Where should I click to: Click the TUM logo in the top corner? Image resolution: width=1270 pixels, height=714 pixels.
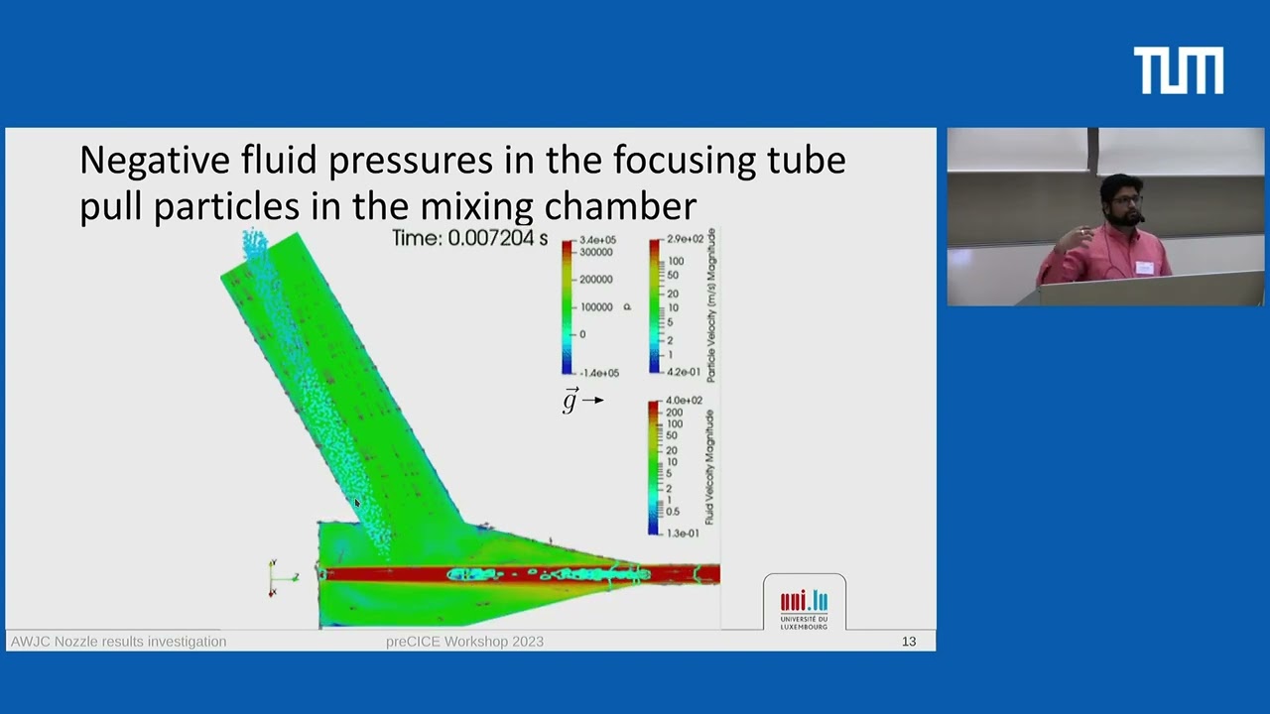1178,71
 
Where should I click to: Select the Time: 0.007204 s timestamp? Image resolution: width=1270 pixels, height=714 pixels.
469,238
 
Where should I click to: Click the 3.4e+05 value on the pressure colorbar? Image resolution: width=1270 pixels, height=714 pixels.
597,240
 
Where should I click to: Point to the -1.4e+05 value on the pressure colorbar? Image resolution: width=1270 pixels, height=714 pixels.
597,373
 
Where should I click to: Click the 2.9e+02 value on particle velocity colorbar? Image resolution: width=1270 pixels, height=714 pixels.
685,240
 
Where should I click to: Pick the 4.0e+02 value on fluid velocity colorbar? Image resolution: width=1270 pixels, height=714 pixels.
684,401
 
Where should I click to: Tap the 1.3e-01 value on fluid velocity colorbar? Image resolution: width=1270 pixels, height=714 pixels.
684,534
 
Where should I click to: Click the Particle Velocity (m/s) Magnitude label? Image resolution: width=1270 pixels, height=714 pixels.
710,305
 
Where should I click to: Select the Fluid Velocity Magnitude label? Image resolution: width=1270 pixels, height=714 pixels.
709,466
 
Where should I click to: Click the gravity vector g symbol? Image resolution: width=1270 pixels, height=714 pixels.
570,401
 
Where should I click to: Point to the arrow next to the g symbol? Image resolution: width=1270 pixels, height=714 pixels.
593,401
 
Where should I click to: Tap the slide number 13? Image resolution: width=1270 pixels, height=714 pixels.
909,642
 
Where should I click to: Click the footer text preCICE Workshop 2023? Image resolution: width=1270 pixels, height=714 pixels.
464,642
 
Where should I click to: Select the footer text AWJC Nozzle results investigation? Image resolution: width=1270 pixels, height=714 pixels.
118,642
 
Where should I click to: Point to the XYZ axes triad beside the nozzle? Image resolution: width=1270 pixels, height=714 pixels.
280,577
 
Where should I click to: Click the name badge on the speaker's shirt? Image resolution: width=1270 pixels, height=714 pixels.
1144,267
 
